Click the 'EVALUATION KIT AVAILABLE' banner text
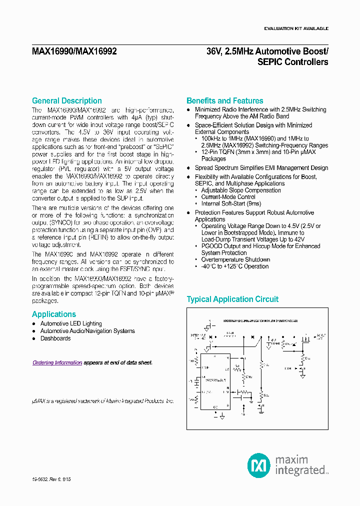tap(296, 28)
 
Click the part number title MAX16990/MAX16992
tap(74, 51)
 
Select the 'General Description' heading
tap(66, 100)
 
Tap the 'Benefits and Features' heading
tap(224, 100)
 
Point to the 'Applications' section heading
tap(54, 314)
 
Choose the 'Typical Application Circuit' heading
tap(232, 299)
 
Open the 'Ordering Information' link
tap(57, 362)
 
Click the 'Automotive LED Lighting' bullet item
tap(71, 323)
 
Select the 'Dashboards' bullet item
tap(55, 338)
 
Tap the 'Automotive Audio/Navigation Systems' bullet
tap(87, 331)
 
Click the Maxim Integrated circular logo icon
tap(259, 464)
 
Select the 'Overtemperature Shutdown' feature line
tap(235, 259)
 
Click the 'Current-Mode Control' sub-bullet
tap(228, 197)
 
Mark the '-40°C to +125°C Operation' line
tap(235, 266)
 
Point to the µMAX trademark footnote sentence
tap(103, 401)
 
